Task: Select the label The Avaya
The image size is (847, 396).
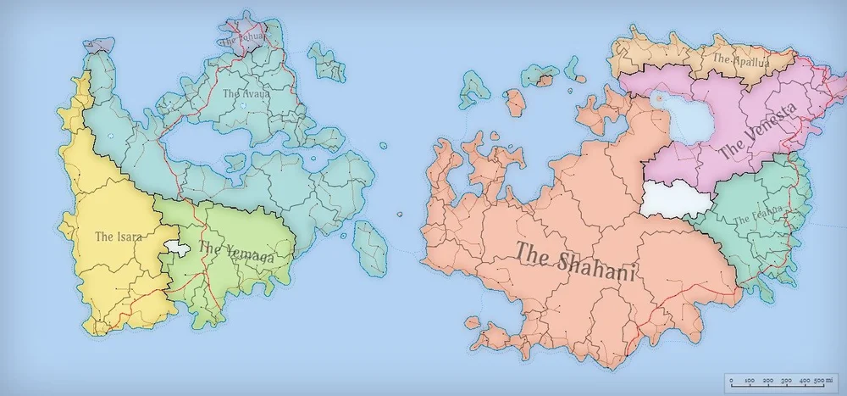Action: point(246,93)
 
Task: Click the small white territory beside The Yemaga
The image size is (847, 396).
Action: point(177,247)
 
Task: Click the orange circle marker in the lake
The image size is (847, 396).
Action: point(658,99)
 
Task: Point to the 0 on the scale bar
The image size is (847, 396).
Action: point(731,382)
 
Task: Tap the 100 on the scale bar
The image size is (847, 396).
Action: point(749,382)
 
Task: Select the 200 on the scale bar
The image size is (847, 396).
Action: point(769,382)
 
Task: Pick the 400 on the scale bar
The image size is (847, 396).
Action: point(805,382)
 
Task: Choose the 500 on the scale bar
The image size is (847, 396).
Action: point(819,382)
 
